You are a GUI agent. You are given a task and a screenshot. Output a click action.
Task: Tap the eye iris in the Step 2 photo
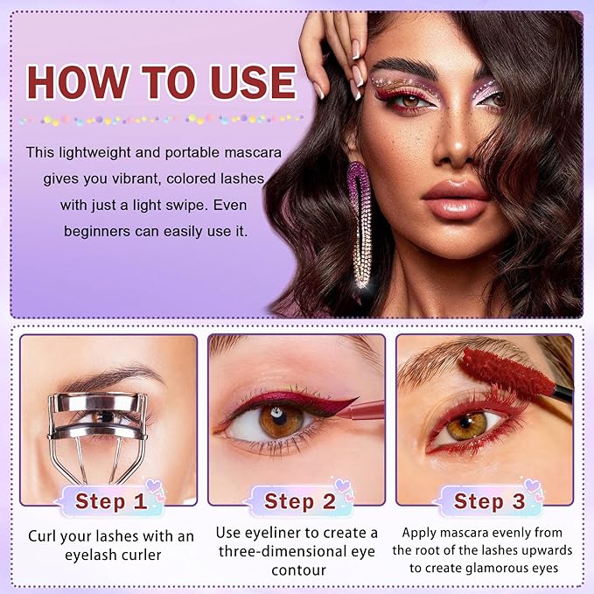[280, 421]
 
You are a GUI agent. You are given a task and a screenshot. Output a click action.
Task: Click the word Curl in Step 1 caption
[45, 535]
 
